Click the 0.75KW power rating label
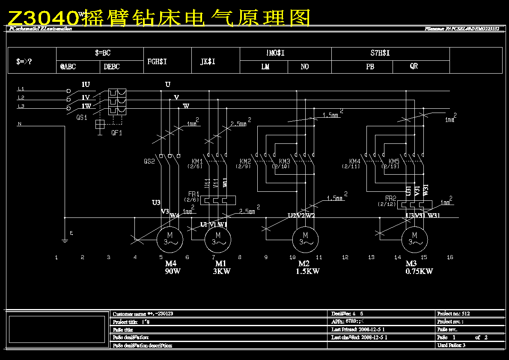click(419, 271)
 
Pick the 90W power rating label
click(173, 271)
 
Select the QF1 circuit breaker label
click(116, 133)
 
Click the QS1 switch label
click(82, 117)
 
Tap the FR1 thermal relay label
click(194, 194)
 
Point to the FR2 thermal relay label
click(390, 199)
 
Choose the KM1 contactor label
click(197, 161)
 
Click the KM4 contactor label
click(355, 161)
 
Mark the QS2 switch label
click(149, 161)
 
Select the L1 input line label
click(21, 89)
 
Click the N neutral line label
click(19, 124)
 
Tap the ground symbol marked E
click(65, 240)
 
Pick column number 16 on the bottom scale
click(450, 257)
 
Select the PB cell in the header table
click(370, 67)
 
